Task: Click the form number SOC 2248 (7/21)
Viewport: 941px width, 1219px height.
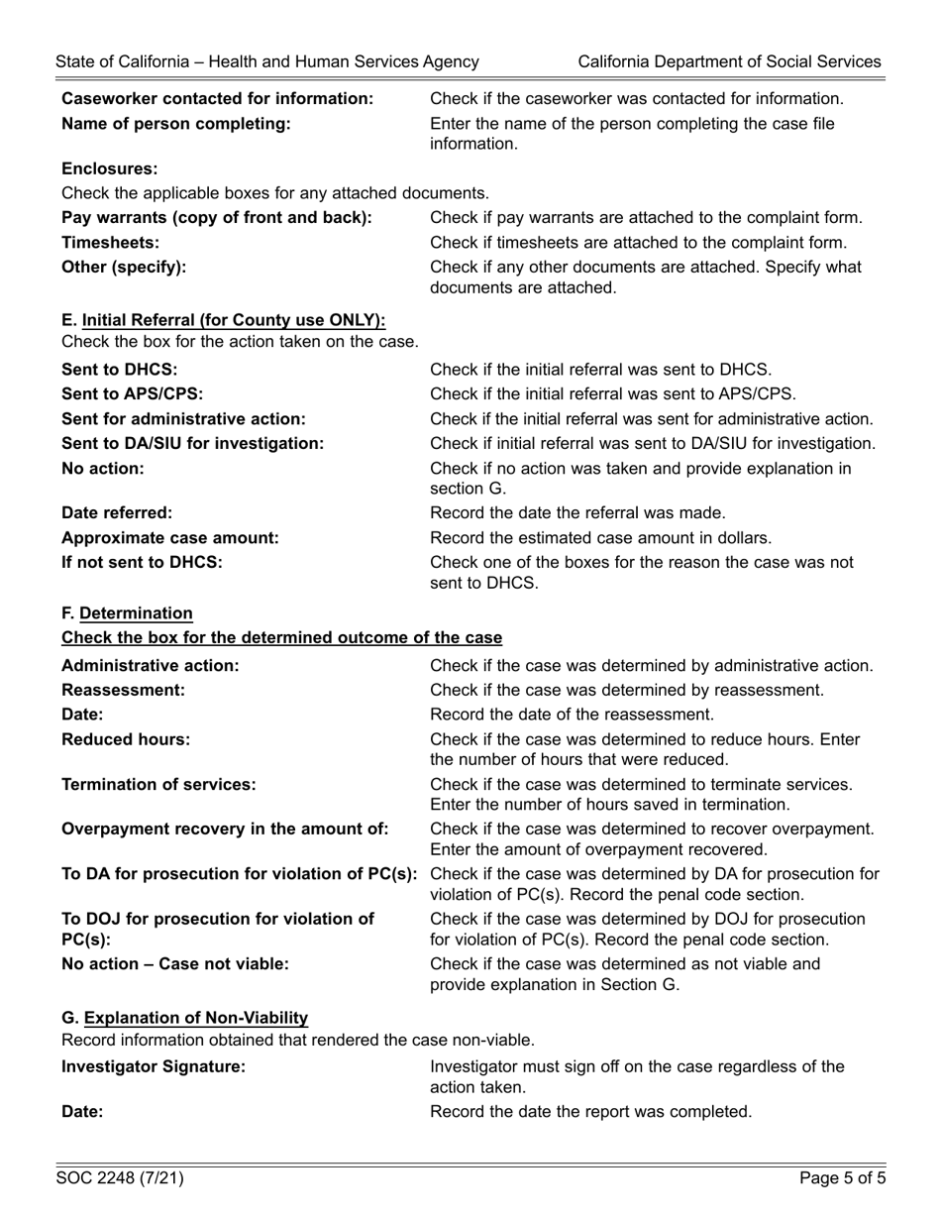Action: [x=120, y=1178]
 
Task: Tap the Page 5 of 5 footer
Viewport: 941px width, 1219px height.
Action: [x=843, y=1178]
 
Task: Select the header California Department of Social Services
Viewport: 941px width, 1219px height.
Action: [x=729, y=61]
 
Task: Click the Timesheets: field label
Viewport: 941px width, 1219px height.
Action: [x=111, y=243]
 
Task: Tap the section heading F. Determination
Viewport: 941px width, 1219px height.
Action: [x=128, y=613]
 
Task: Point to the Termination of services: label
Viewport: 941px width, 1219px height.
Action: [x=158, y=785]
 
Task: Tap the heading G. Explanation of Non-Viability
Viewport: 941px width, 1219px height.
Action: [x=185, y=1018]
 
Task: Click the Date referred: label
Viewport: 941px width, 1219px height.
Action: [x=117, y=513]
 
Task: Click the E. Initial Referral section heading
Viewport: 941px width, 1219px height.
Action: [x=224, y=320]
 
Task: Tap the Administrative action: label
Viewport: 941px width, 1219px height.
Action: [x=151, y=665]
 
